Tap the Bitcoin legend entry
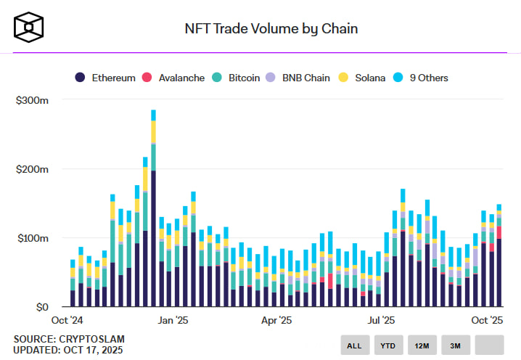coord(237,78)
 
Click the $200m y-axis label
coord(32,169)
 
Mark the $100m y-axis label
coord(32,238)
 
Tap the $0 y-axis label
coord(41,307)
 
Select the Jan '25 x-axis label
coord(173,320)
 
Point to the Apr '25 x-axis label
coord(276,320)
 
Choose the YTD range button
coord(388,345)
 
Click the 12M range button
coord(422,345)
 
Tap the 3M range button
coord(456,345)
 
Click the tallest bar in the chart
coord(153,210)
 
